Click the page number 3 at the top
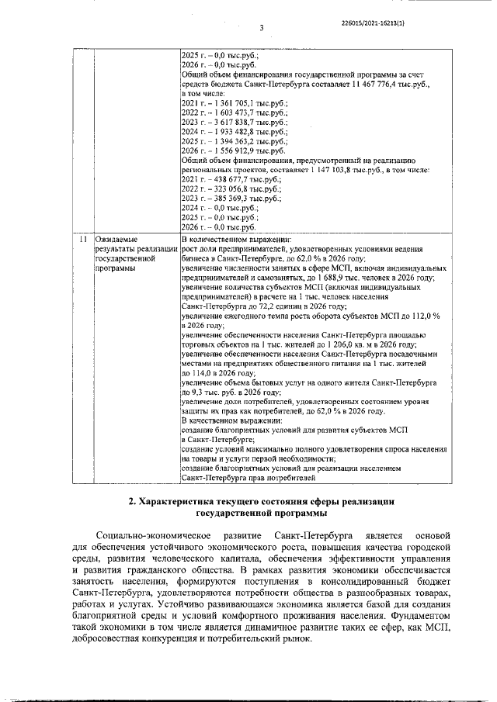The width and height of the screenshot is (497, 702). (x=262, y=29)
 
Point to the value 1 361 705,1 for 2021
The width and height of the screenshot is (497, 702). (x=228, y=103)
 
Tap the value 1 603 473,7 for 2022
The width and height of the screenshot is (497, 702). (x=228, y=113)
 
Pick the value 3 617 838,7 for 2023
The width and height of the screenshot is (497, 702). (x=228, y=123)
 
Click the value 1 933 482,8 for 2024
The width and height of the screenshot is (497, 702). (x=228, y=133)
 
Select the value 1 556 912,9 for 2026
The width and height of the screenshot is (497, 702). (x=228, y=154)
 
